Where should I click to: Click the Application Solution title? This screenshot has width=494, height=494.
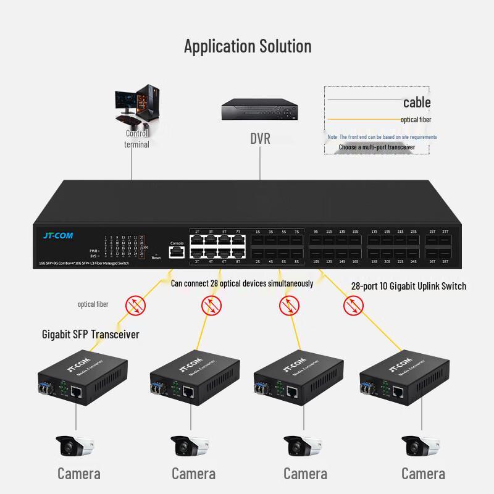248,46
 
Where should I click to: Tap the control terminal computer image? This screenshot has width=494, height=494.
137,105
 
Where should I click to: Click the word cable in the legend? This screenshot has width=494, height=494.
417,103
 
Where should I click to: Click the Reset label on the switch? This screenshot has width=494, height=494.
156,257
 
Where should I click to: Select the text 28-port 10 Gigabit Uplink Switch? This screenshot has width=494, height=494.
408,286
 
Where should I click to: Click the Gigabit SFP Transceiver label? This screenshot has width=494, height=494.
90,334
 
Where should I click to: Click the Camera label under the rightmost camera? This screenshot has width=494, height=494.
423,474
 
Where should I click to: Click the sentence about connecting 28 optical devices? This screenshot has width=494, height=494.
242,283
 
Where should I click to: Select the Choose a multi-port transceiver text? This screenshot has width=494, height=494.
377,147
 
